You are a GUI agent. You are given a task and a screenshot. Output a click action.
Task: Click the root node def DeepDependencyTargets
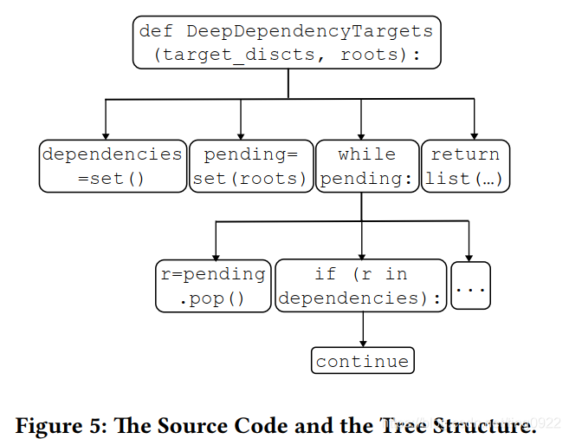287,43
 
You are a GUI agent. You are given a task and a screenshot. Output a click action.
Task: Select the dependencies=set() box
113,166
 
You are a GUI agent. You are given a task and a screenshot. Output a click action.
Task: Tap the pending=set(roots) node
250,166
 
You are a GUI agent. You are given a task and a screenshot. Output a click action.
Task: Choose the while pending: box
366,166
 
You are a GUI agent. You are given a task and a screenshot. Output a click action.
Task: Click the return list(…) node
465,166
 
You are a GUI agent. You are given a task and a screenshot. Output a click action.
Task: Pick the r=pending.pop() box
212,285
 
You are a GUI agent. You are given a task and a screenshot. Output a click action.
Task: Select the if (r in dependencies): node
361,285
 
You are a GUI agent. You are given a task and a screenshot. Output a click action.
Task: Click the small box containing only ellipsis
470,285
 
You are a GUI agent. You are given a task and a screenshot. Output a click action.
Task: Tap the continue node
362,361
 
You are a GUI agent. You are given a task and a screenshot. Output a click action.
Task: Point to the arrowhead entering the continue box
362,343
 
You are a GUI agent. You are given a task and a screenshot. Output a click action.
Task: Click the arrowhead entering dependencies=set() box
106,134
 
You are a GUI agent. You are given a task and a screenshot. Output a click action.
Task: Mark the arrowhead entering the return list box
475,134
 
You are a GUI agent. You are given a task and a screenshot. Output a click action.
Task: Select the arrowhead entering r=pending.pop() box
215,255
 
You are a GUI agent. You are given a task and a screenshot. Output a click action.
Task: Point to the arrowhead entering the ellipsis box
469,255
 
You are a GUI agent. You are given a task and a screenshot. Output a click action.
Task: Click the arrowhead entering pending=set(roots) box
241,134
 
